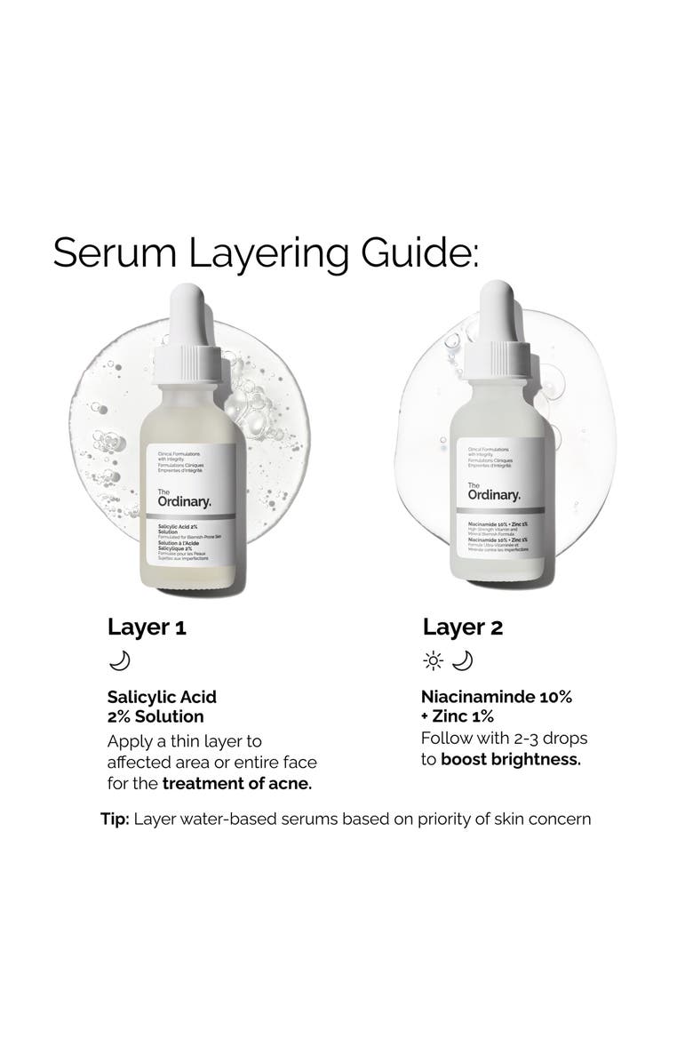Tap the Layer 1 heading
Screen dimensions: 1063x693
147,627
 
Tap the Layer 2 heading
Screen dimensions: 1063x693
463,627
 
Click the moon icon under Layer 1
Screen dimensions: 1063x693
119,660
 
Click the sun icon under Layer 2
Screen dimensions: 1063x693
434,660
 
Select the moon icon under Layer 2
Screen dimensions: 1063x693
463,660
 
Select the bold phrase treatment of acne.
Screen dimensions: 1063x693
237,783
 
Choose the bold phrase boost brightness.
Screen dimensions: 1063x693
510,760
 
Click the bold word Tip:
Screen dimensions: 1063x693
115,819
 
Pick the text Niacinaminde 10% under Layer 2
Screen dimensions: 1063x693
497,697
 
